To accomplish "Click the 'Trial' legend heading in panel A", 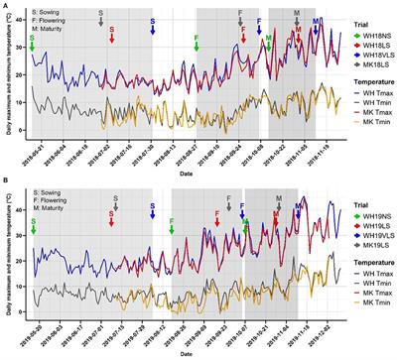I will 344,16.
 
